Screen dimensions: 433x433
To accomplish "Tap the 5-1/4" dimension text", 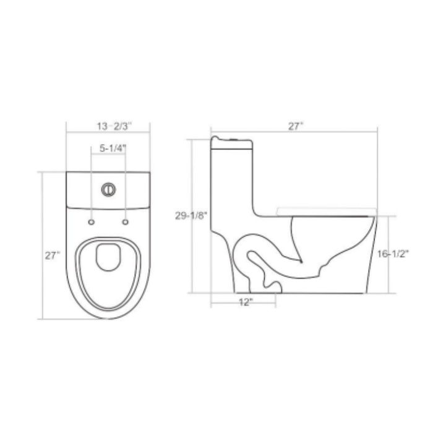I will point(109,148).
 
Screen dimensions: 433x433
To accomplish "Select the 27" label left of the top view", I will point(52,255).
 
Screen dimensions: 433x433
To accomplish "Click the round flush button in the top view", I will point(109,187).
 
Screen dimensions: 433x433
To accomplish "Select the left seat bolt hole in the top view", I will point(92,221).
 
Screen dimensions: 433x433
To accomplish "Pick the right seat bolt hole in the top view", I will point(126,221).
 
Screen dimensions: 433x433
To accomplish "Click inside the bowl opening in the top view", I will point(109,272).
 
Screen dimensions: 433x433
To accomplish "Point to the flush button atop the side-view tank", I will point(233,138).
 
